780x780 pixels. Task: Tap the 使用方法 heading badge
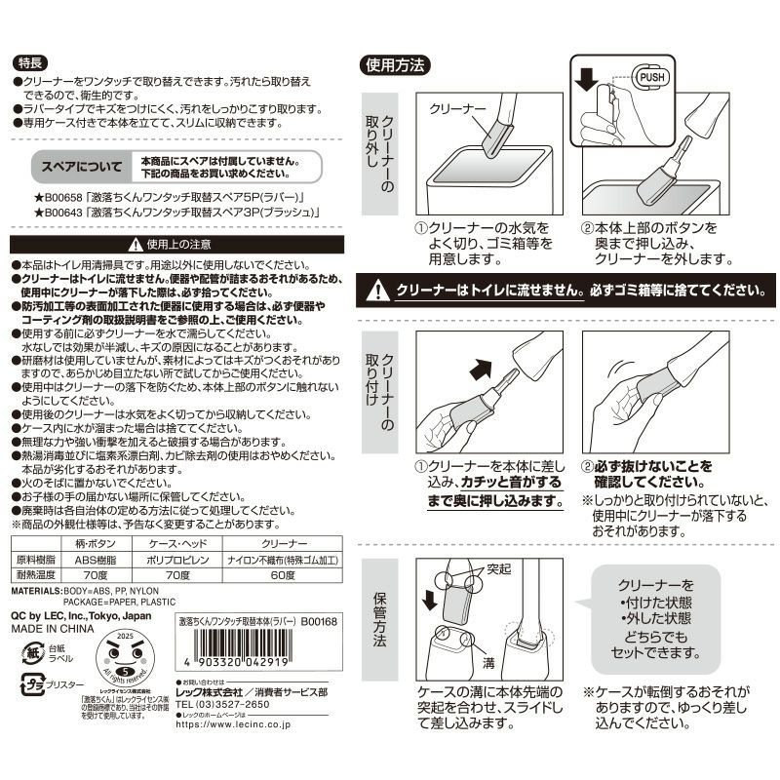[x=393, y=65]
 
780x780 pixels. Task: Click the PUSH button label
[x=650, y=77]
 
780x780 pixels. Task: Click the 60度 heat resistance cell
[x=284, y=575]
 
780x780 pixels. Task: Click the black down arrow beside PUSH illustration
[x=585, y=81]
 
